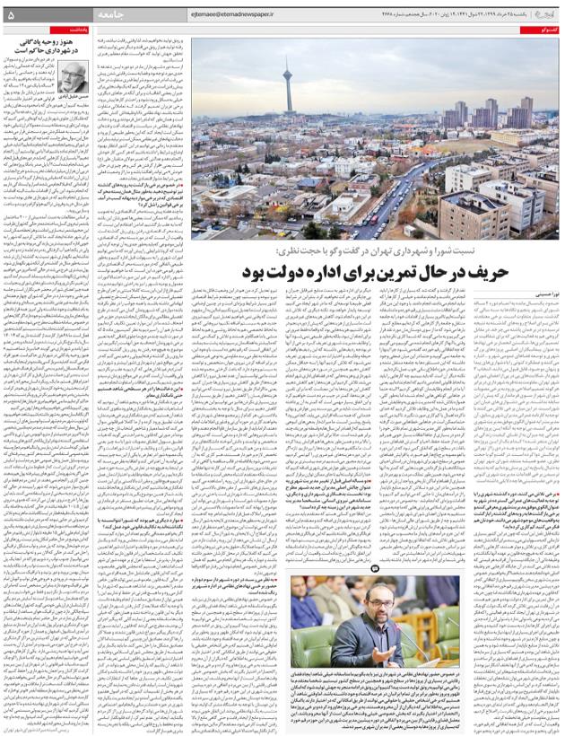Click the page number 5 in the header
(12, 14)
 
